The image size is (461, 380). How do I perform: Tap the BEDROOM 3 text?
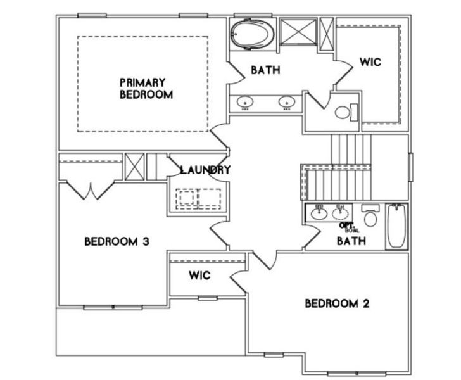click(x=117, y=241)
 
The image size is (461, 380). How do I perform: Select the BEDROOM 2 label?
click(x=336, y=303)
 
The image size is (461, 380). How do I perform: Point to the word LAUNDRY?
click(x=205, y=170)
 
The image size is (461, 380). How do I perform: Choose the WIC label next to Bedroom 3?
click(x=199, y=276)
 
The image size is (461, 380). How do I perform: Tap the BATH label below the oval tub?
click(x=265, y=70)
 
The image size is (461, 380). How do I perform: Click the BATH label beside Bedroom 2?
click(x=350, y=241)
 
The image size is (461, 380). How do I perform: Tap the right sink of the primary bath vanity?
click(x=287, y=101)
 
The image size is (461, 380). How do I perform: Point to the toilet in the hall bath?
click(x=370, y=219)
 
